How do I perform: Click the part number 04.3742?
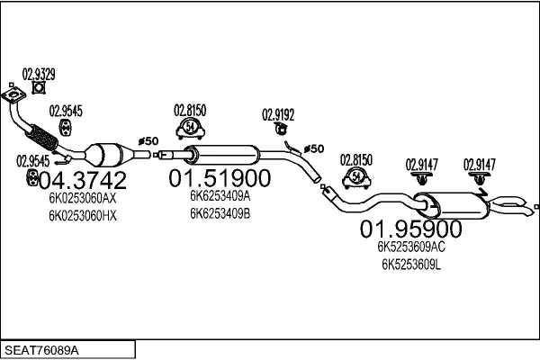point(83,180)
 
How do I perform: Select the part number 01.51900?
point(220,178)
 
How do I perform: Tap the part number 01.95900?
point(411,229)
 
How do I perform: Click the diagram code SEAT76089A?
point(41,350)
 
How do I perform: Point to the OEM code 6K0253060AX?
point(83,198)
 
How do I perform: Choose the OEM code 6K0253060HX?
point(83,216)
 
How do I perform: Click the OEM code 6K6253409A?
point(220,196)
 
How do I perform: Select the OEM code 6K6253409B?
point(220,214)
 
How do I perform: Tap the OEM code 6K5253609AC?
point(411,247)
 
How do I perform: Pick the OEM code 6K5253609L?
point(411,265)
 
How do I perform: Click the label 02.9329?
point(39,74)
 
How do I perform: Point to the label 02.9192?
point(278,114)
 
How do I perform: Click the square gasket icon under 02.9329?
point(39,88)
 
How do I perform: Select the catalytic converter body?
point(104,155)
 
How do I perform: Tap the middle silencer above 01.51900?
point(221,155)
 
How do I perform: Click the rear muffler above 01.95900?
point(451,206)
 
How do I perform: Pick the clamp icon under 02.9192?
point(282,130)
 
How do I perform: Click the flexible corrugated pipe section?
point(41,137)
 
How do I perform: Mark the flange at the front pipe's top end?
point(13,94)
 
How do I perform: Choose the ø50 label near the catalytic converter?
point(148,141)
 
